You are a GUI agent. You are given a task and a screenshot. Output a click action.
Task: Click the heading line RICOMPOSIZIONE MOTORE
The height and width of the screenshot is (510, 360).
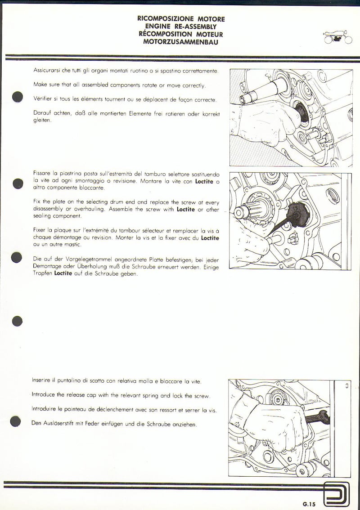point(181,19)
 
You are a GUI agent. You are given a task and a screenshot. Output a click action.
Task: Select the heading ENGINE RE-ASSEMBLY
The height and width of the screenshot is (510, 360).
point(181,27)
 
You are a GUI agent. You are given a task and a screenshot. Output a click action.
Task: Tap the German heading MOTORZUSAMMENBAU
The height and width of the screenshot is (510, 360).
point(181,42)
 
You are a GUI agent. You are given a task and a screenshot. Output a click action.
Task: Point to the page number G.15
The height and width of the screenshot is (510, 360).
point(309,504)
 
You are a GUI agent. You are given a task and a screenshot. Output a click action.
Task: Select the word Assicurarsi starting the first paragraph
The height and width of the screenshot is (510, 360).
point(47,71)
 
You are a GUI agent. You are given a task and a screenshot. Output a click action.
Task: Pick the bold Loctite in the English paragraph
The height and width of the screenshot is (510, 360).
point(185,210)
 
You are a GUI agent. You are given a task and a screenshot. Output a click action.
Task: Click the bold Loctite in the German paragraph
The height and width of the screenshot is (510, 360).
point(63,273)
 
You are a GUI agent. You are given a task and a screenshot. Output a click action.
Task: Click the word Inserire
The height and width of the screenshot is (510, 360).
point(43,380)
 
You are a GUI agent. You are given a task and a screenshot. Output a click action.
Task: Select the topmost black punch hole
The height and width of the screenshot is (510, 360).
point(18,97)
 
